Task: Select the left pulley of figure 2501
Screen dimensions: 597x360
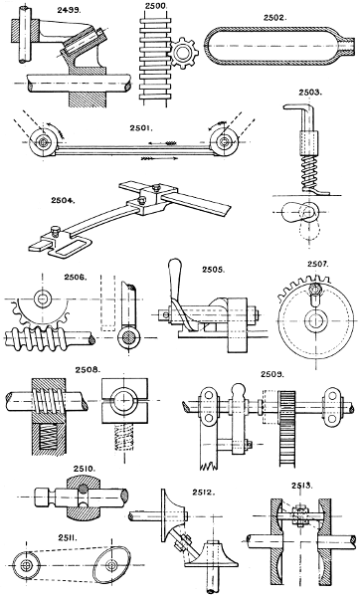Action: pyautogui.click(x=46, y=143)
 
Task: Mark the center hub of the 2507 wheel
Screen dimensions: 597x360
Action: pyautogui.click(x=313, y=323)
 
